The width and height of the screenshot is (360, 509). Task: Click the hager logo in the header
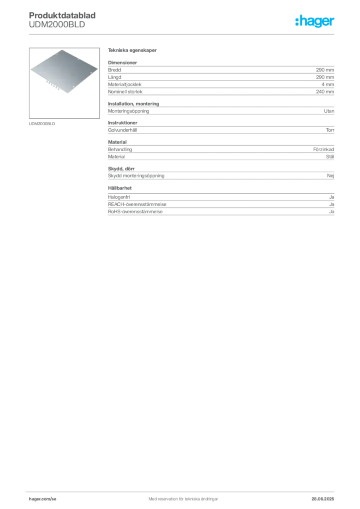[315, 21]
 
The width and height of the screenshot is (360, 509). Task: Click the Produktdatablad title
[62, 15]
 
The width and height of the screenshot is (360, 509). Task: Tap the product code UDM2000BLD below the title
[57, 25]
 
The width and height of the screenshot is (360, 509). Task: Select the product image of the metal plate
[64, 83]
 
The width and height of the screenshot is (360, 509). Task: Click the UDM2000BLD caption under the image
[42, 124]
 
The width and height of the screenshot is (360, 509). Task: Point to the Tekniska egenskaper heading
[132, 50]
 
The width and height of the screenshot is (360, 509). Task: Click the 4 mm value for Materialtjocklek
[328, 85]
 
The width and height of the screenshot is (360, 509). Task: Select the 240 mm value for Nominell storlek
[325, 91]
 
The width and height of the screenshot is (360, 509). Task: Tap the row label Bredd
[114, 70]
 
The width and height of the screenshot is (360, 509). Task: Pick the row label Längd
[114, 77]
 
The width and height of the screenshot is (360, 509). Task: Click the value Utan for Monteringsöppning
[329, 111]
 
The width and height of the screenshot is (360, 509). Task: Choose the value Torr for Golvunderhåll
[330, 130]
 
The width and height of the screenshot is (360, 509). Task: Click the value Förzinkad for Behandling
[323, 149]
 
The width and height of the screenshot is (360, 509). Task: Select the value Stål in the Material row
[330, 157]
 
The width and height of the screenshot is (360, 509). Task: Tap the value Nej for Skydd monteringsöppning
[331, 175]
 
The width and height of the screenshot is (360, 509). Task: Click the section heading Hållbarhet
[120, 188]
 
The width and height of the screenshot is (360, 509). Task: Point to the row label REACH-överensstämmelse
[137, 204]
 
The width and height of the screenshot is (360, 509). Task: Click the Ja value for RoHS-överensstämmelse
[332, 212]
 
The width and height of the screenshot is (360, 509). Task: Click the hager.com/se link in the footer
[43, 499]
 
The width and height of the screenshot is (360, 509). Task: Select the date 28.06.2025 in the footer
[323, 499]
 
